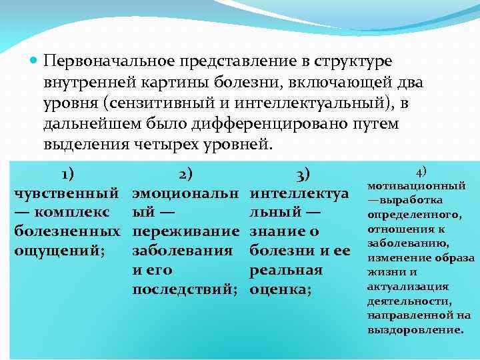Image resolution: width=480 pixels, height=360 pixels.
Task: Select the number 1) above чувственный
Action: (67, 174)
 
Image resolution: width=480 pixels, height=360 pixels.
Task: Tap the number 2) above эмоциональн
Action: (186, 174)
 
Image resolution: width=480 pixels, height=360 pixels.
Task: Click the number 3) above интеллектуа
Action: (302, 174)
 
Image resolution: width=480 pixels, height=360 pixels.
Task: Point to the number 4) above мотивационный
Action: (421, 171)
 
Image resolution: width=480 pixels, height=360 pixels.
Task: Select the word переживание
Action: (185, 232)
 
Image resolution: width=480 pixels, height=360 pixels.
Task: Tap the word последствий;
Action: (185, 290)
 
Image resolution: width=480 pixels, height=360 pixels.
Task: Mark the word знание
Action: (276, 232)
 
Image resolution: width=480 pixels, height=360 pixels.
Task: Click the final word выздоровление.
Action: (415, 330)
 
